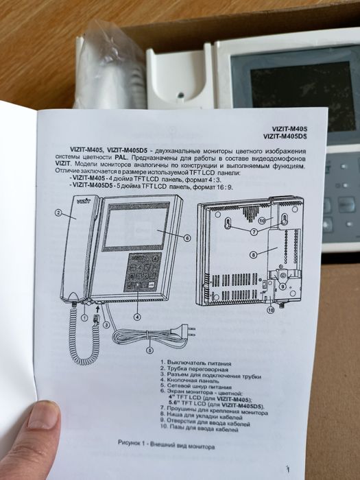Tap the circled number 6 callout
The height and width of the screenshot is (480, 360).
pyautogui.click(x=187, y=238)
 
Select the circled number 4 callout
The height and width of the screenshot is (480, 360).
pyautogui.click(x=137, y=316)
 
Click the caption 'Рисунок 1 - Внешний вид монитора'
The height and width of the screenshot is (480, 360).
pyautogui.click(x=166, y=446)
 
